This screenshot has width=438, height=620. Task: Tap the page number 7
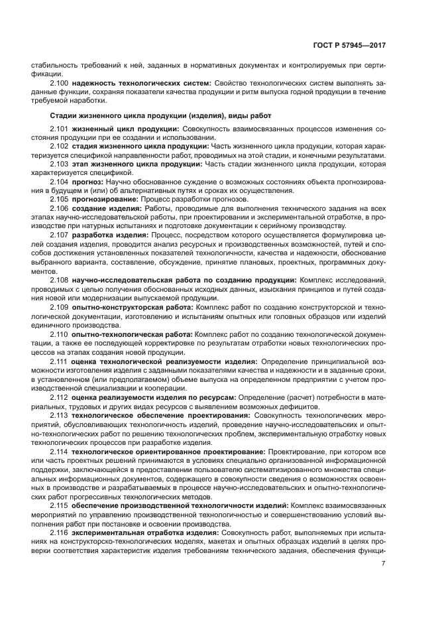pos(384,564)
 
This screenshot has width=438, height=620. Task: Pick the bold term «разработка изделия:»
pos(110,235)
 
